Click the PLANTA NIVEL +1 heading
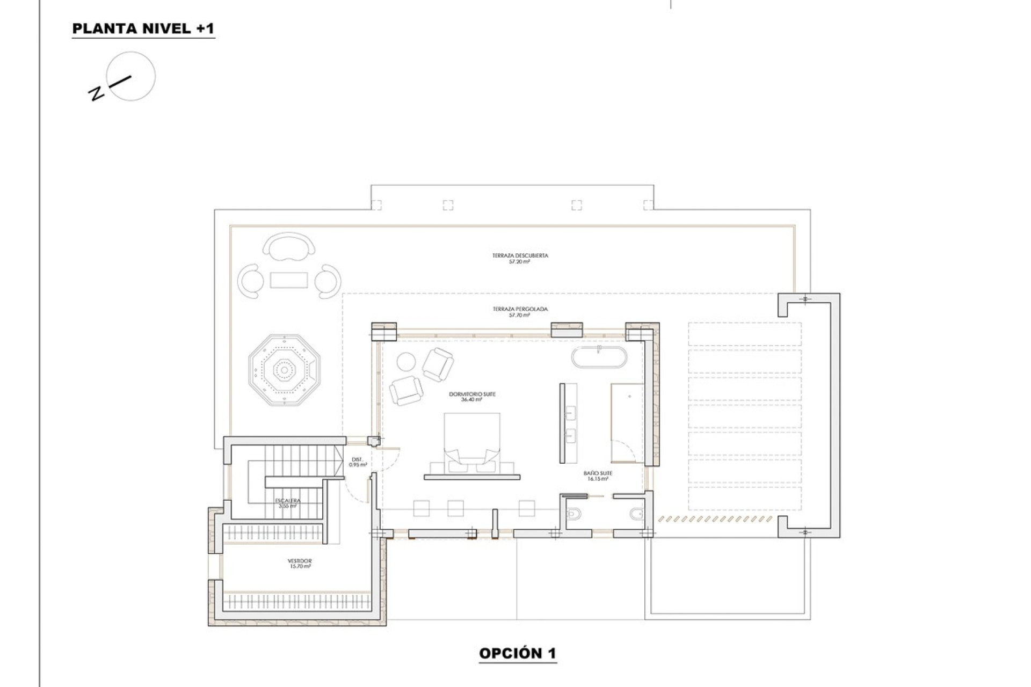pyautogui.click(x=143, y=29)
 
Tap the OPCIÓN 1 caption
pyautogui.click(x=517, y=653)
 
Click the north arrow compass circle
pyautogui.click(x=131, y=76)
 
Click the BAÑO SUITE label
pyautogui.click(x=598, y=476)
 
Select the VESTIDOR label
pyautogui.click(x=300, y=564)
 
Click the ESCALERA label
pyautogui.click(x=288, y=502)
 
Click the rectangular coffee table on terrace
pyautogui.click(x=289, y=280)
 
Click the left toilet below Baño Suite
pyautogui.click(x=573, y=514)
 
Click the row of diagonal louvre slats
pyautogui.click(x=716, y=519)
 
